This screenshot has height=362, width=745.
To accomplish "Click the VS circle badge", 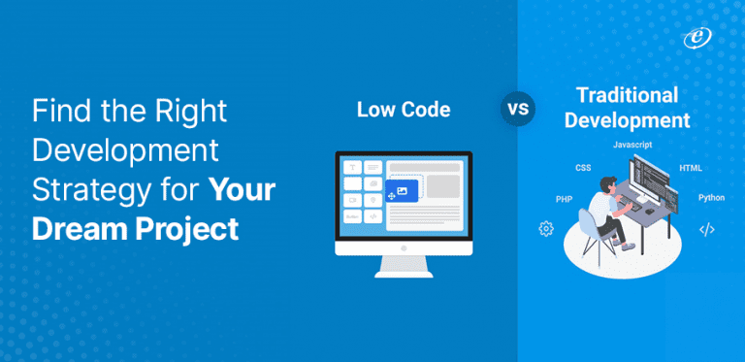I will [519, 108].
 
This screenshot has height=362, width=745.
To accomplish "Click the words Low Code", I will [404, 110].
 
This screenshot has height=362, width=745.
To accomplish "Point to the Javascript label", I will [632, 144].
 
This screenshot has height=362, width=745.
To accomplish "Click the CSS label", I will [583, 168].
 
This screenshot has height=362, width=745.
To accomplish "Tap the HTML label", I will [691, 168].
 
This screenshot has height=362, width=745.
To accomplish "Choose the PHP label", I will [564, 198].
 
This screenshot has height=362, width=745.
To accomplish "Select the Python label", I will [711, 197].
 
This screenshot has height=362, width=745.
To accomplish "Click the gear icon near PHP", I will [546, 229].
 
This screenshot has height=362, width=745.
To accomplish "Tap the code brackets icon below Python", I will [707, 230].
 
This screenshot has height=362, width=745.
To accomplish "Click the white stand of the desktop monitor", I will [404, 265].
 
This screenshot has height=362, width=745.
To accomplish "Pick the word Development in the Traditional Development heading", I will [632, 121].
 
